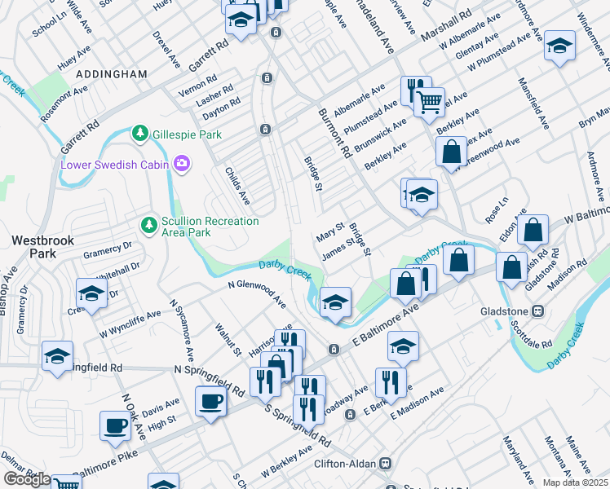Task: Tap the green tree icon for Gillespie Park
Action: tap(140, 133)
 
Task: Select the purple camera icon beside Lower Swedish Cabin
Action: tap(181, 165)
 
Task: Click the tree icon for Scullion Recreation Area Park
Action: tap(148, 223)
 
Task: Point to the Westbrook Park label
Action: tap(32, 247)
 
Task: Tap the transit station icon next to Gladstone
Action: tap(538, 311)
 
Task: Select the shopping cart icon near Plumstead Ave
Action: tap(429, 102)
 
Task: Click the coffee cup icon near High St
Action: tap(114, 425)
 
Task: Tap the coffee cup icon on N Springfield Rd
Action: tap(210, 401)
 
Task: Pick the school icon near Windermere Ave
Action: tap(559, 44)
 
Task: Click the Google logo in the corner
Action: tap(27, 479)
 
